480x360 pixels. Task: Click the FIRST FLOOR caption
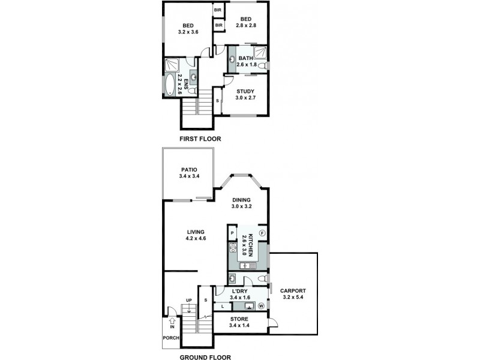click(x=200, y=139)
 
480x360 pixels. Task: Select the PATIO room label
click(x=188, y=169)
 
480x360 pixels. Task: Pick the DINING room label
click(x=241, y=200)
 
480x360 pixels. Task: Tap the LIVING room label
click(x=196, y=232)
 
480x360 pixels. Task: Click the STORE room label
click(x=239, y=319)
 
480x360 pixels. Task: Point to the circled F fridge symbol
click(x=262, y=233)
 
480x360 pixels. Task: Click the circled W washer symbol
click(x=261, y=306)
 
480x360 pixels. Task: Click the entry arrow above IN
click(x=172, y=320)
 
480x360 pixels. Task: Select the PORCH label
click(x=171, y=338)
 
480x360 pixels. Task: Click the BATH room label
click(x=246, y=58)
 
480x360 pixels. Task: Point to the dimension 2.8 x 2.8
click(x=245, y=26)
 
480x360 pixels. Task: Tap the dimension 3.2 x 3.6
click(x=188, y=32)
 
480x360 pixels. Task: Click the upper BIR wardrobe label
click(x=218, y=10)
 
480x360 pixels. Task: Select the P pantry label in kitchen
click(x=232, y=232)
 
